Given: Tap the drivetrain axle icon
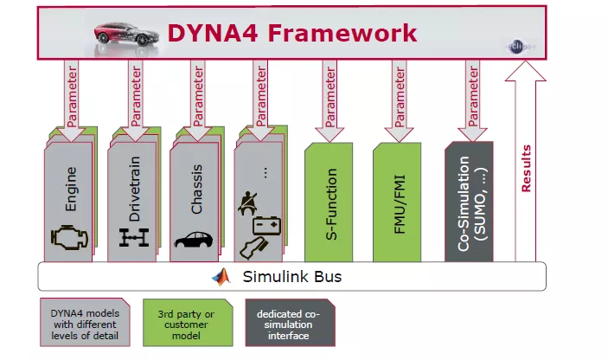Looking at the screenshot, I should pos(134,237).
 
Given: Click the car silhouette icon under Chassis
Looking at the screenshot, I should pos(197,239).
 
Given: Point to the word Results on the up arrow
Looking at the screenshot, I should pos(526,169).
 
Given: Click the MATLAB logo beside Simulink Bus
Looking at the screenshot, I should pos(222,277).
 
